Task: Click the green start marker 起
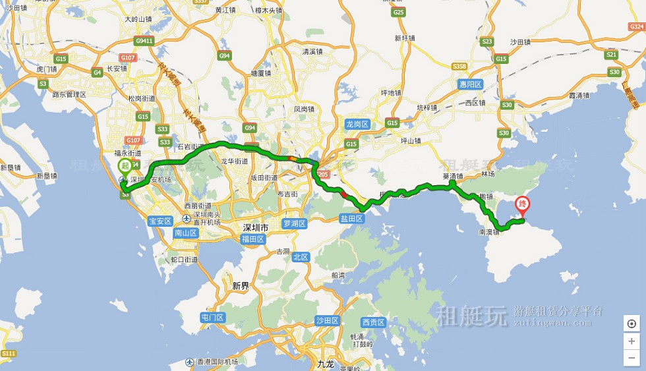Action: (x=124, y=167)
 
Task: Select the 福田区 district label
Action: (x=253, y=239)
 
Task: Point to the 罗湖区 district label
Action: (x=295, y=223)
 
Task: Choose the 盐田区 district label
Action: (x=351, y=218)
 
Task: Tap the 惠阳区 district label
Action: (x=471, y=84)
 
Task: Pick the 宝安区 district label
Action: (x=160, y=221)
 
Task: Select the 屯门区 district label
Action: (x=213, y=318)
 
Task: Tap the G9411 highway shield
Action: (x=144, y=41)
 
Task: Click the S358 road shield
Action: (x=459, y=67)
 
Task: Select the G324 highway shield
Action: (x=636, y=27)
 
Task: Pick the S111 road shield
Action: (x=9, y=354)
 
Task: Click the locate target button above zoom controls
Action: (x=631, y=324)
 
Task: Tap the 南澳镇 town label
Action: (x=490, y=232)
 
